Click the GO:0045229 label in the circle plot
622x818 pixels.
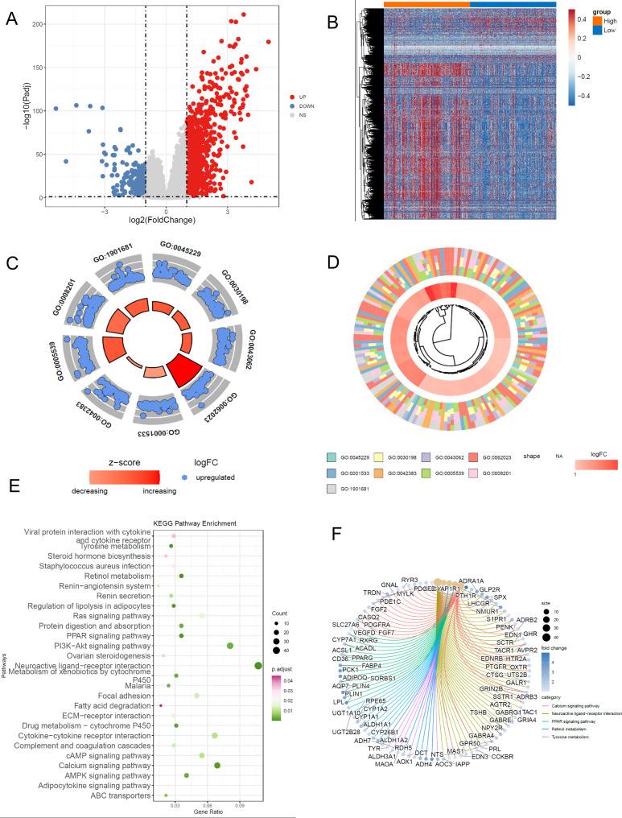click(179, 245)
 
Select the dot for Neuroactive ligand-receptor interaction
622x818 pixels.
click(257, 665)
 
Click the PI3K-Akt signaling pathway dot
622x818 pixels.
click(230, 646)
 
